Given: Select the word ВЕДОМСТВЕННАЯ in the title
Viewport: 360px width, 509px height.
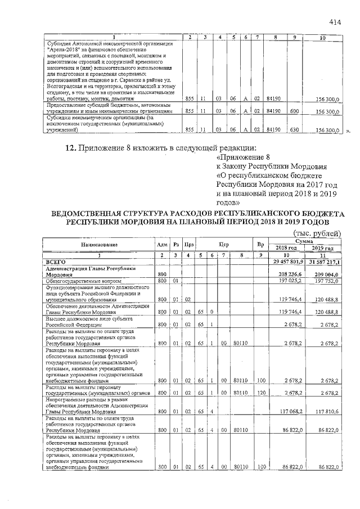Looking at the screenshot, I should pyautogui.click(x=93, y=214).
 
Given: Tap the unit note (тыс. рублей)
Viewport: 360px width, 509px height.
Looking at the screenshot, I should pyautogui.click(x=314, y=233).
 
